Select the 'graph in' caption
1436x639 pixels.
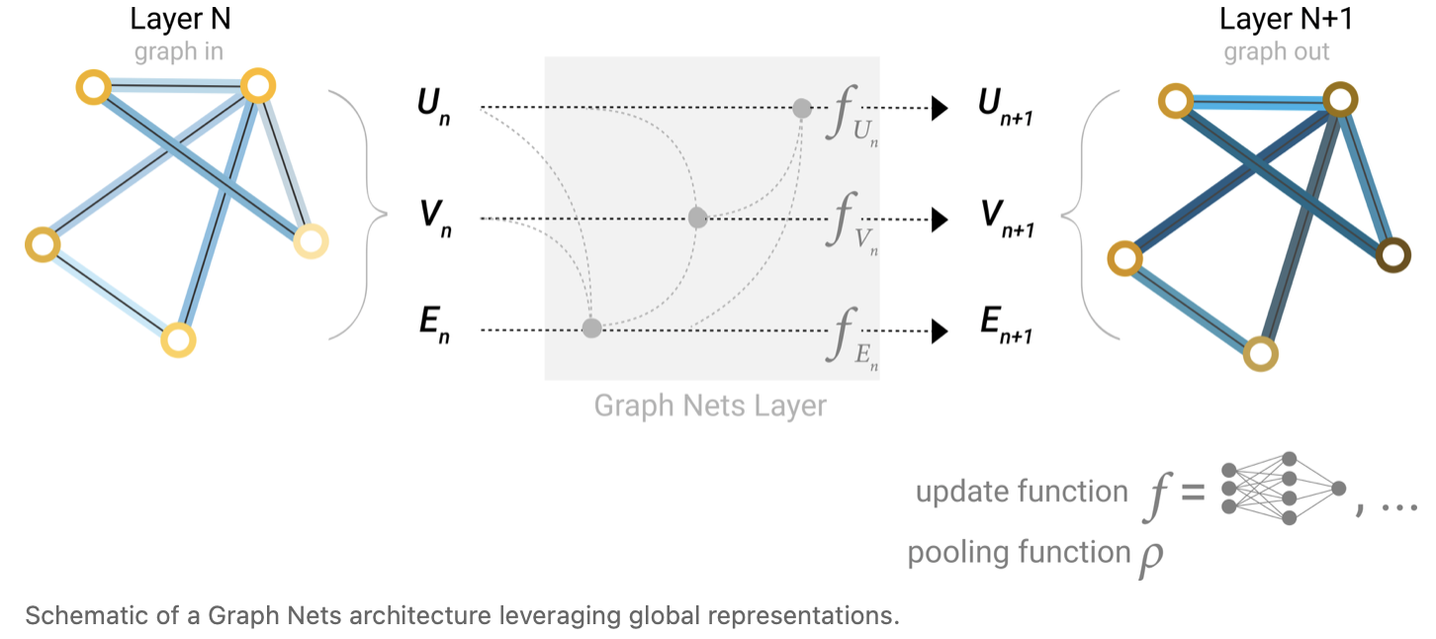[178, 51]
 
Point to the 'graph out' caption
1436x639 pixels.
[1277, 51]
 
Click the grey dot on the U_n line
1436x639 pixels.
[802, 107]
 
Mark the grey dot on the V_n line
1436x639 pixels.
[697, 218]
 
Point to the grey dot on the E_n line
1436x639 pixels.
[591, 328]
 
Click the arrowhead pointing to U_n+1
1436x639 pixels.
[939, 107]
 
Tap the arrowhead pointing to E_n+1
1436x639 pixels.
[939, 330]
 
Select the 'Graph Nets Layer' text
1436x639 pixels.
[710, 406]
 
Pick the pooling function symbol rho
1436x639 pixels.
[1150, 555]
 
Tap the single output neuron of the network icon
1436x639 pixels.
[1338, 488]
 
